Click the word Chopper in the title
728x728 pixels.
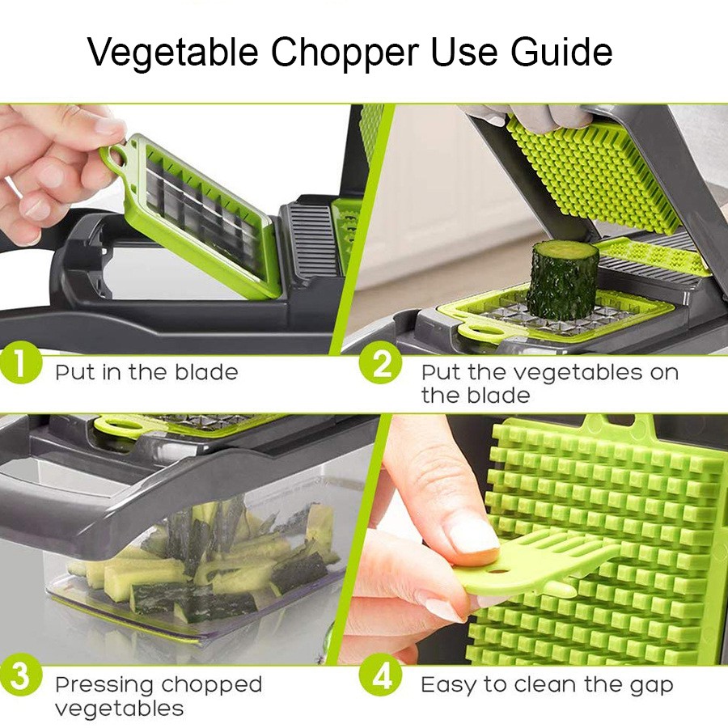coord(345,53)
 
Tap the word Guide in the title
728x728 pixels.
coord(561,51)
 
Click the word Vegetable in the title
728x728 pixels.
coord(173,53)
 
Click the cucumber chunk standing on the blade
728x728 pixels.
coord(563,280)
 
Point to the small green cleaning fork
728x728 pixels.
coord(534,564)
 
